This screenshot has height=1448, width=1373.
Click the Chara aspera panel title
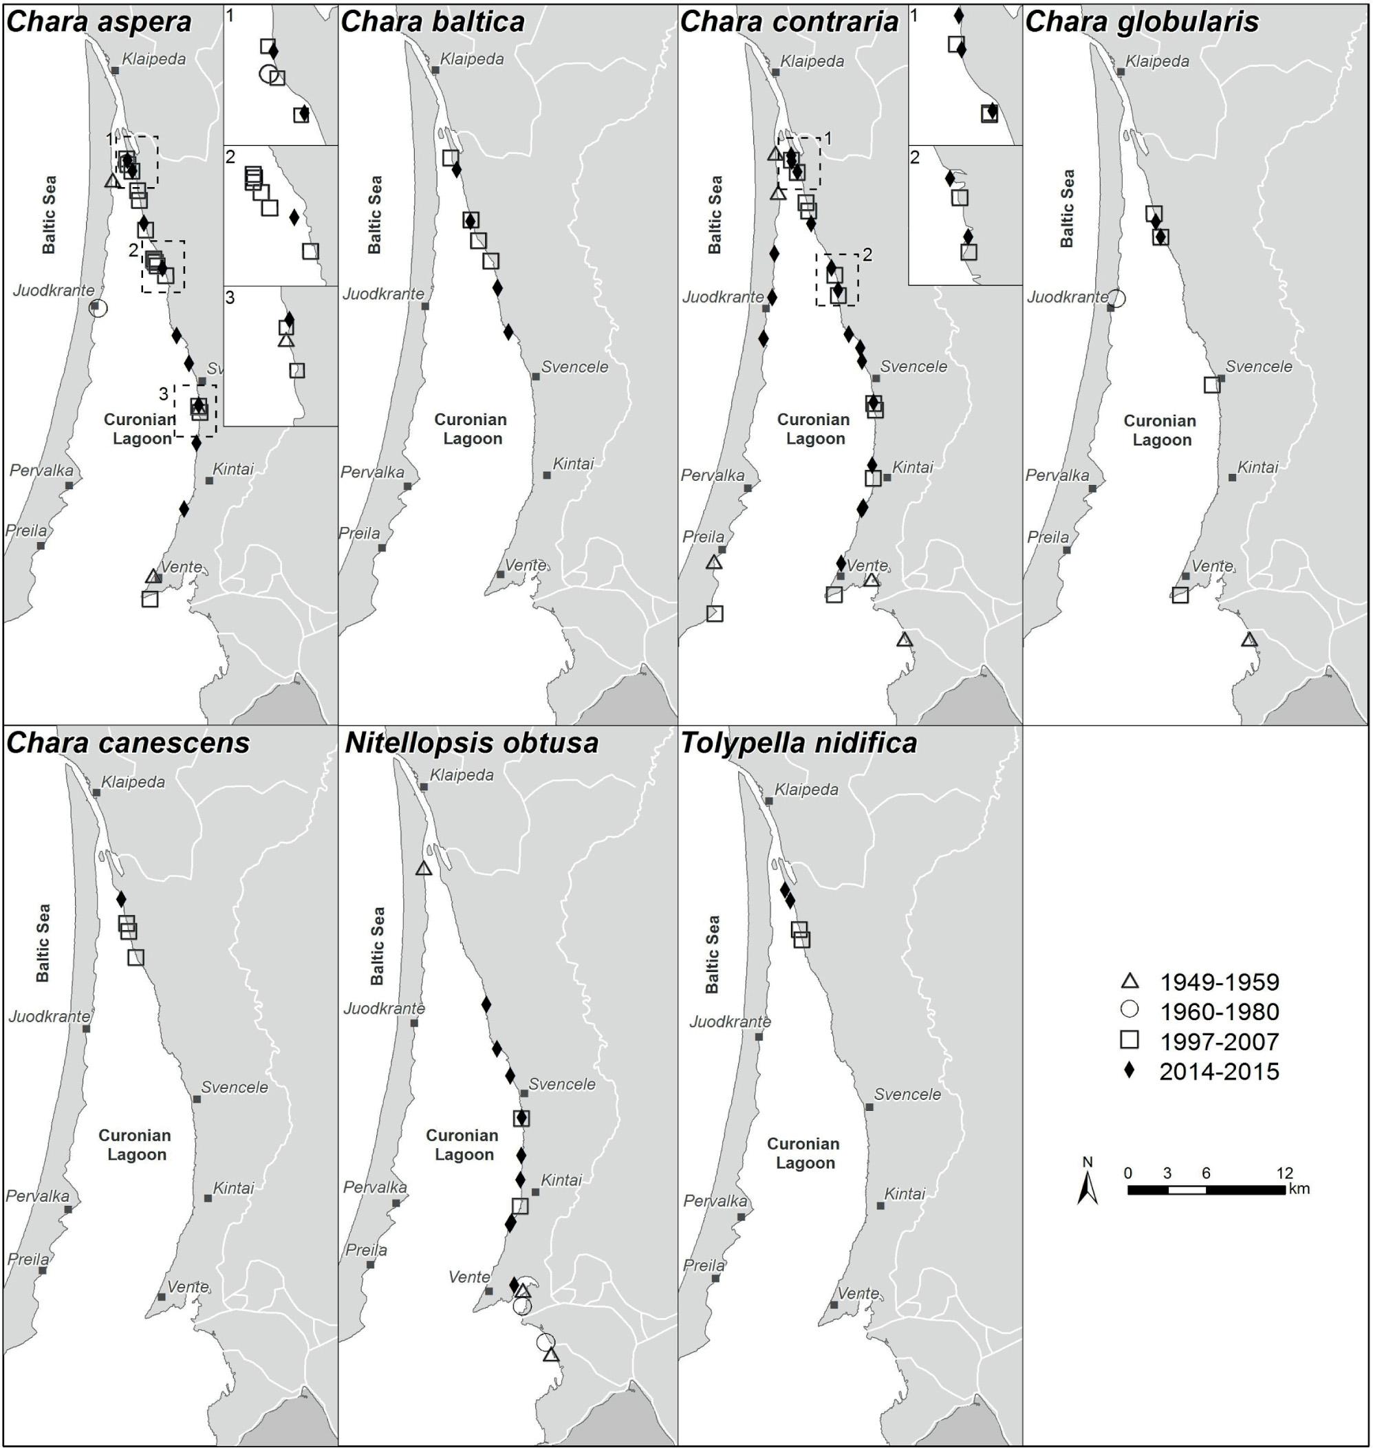point(99,22)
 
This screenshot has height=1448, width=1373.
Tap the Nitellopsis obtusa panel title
point(471,743)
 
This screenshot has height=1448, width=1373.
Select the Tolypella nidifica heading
point(799,743)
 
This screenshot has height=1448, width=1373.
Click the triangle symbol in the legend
point(1131,981)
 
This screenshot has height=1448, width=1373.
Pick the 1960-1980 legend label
point(1220,1012)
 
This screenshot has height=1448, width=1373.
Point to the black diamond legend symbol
point(1130,1070)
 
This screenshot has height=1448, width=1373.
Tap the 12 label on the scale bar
point(1284,1173)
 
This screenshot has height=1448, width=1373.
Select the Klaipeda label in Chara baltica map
point(472,58)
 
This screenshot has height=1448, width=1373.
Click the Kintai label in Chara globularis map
point(1257,467)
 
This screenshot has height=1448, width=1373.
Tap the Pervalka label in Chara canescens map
point(38,1196)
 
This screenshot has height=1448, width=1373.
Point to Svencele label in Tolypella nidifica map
point(907,1094)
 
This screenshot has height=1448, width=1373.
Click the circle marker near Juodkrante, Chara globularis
point(1116,298)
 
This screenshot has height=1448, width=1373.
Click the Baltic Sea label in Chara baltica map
point(375,215)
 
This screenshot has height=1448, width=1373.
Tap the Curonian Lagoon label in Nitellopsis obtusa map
point(462,1145)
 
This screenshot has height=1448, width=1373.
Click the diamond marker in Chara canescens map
point(122,899)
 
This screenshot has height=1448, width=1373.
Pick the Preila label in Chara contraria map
point(703,537)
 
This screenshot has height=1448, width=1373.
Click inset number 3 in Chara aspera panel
point(230,298)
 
